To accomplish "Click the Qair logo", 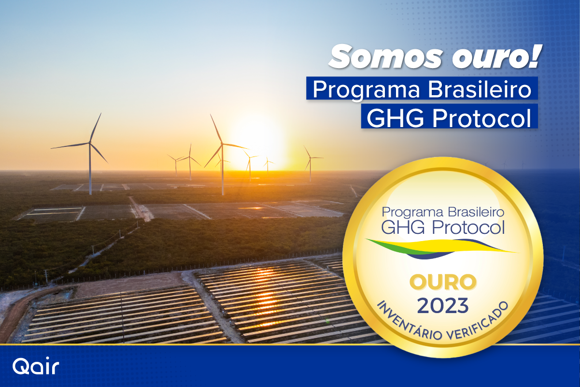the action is tap(36, 367).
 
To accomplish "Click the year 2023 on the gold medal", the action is tap(443, 306).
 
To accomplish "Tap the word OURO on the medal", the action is tap(443, 282).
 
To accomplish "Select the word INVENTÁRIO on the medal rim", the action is tap(409, 323).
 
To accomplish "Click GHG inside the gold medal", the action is tap(403, 227).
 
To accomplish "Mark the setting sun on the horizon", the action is tap(259, 145).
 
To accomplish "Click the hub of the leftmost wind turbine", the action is tap(90, 143).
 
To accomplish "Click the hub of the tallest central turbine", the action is tap(222, 144).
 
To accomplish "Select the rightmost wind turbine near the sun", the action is tap(310, 163).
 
